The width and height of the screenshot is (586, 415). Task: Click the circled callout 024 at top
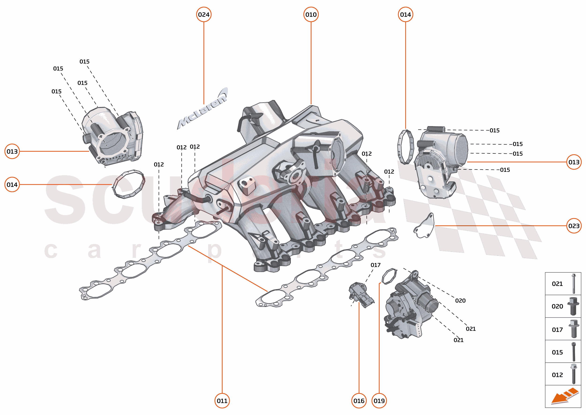point(203,15)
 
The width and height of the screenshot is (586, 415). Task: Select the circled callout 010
point(311,15)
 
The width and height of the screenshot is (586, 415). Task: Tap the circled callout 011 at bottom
point(222,401)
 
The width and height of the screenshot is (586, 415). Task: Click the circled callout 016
point(359,401)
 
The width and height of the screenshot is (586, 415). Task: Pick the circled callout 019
point(379,401)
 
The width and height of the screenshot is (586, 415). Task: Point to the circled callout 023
point(574,226)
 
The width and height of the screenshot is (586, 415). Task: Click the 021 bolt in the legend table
point(574,284)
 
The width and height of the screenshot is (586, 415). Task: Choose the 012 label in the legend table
point(557,375)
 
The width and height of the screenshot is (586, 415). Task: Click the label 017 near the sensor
point(375,265)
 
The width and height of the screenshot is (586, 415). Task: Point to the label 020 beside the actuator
point(460,301)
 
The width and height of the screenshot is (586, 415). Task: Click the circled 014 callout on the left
point(12,184)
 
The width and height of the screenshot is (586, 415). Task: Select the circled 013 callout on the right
point(574,162)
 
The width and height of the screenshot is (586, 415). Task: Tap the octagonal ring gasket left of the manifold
point(129,184)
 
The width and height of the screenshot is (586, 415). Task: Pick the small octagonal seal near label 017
point(389,276)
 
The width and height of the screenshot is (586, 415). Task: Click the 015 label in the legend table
point(557,352)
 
